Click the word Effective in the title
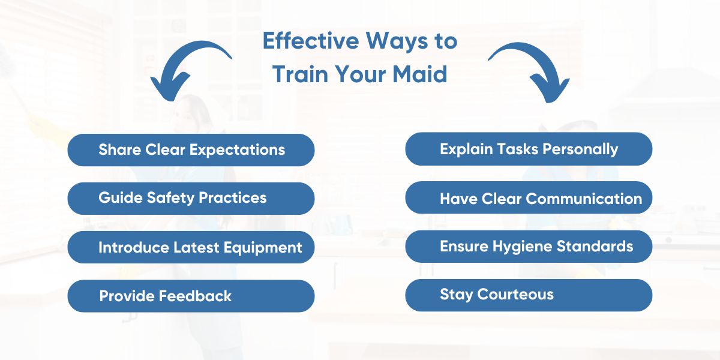(x=311, y=41)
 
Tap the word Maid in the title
(x=420, y=74)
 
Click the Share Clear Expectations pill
(x=191, y=150)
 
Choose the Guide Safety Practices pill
(x=191, y=199)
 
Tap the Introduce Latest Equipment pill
(x=191, y=247)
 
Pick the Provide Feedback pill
(x=191, y=296)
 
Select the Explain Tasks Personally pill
(x=529, y=149)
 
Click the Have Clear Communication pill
(x=529, y=197)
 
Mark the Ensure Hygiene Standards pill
(x=529, y=246)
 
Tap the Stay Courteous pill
(x=529, y=295)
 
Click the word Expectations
(x=237, y=151)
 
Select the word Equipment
(x=263, y=248)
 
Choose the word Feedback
(x=195, y=296)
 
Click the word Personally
(x=580, y=150)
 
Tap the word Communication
(x=584, y=199)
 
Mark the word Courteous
(x=515, y=294)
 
